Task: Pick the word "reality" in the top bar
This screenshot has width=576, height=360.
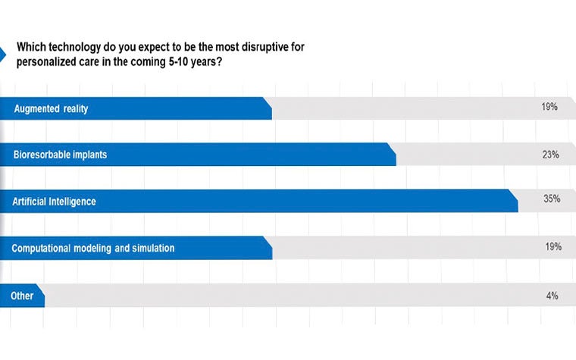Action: click(x=75, y=108)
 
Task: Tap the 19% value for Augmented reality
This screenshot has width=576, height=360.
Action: click(x=549, y=108)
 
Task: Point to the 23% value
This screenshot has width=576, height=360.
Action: click(x=549, y=155)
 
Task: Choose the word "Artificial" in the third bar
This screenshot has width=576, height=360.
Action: click(x=31, y=202)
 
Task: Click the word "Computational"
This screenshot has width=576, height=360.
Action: click(x=42, y=248)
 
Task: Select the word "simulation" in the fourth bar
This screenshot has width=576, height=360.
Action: click(x=152, y=248)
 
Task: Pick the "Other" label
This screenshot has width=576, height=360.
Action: click(x=22, y=296)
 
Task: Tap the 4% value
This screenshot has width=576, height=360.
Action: click(x=552, y=295)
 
